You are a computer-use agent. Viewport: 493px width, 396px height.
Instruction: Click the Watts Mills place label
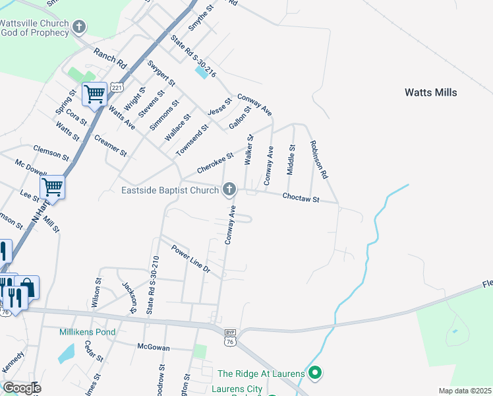[430, 93]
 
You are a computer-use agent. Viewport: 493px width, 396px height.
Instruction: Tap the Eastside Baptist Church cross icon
[229, 190]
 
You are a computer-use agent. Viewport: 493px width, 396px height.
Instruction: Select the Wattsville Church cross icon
[79, 28]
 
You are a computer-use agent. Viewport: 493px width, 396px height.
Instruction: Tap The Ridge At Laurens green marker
[315, 374]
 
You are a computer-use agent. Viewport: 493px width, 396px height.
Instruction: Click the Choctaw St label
[301, 198]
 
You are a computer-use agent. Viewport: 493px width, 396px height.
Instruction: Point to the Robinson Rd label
[319, 160]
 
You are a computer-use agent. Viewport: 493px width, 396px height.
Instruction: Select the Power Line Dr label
[190, 259]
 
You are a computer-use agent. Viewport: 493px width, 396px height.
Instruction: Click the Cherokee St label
[216, 165]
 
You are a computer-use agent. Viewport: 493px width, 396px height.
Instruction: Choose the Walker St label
[248, 150]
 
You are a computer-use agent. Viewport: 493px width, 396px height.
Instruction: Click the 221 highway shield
[117, 88]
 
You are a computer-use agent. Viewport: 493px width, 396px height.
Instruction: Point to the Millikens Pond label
[87, 333]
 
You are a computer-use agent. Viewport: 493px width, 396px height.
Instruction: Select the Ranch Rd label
[109, 59]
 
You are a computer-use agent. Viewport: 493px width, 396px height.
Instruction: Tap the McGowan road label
[154, 347]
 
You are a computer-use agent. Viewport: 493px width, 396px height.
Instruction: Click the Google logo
[21, 388]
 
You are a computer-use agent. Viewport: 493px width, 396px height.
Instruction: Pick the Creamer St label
[110, 147]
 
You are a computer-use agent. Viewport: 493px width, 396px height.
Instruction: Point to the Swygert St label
[161, 75]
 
